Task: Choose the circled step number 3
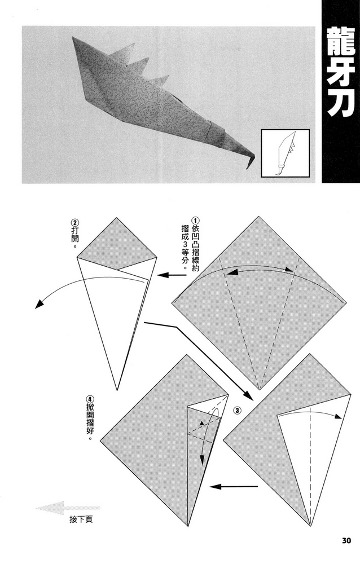(237, 411)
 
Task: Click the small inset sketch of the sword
(285, 153)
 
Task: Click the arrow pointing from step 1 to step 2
(172, 276)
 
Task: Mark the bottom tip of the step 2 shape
(116, 389)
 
